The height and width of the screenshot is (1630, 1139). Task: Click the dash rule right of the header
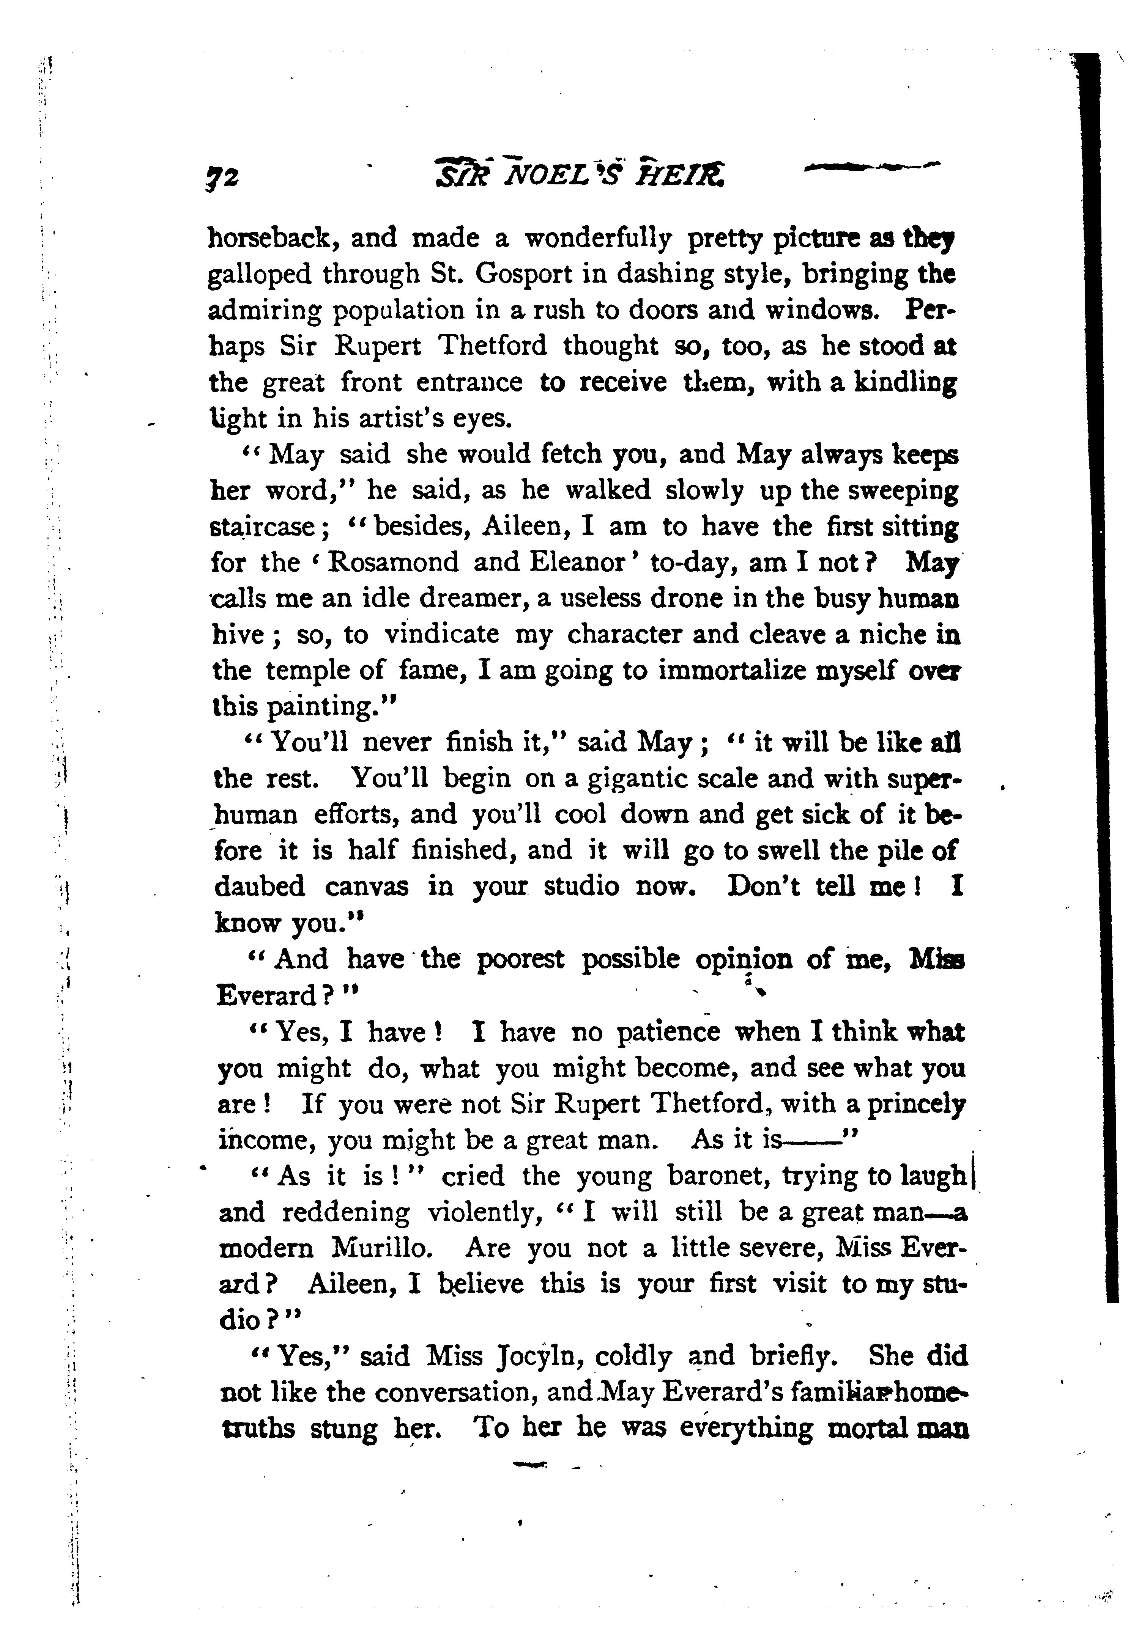coord(870,168)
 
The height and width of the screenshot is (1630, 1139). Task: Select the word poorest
coord(520,960)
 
